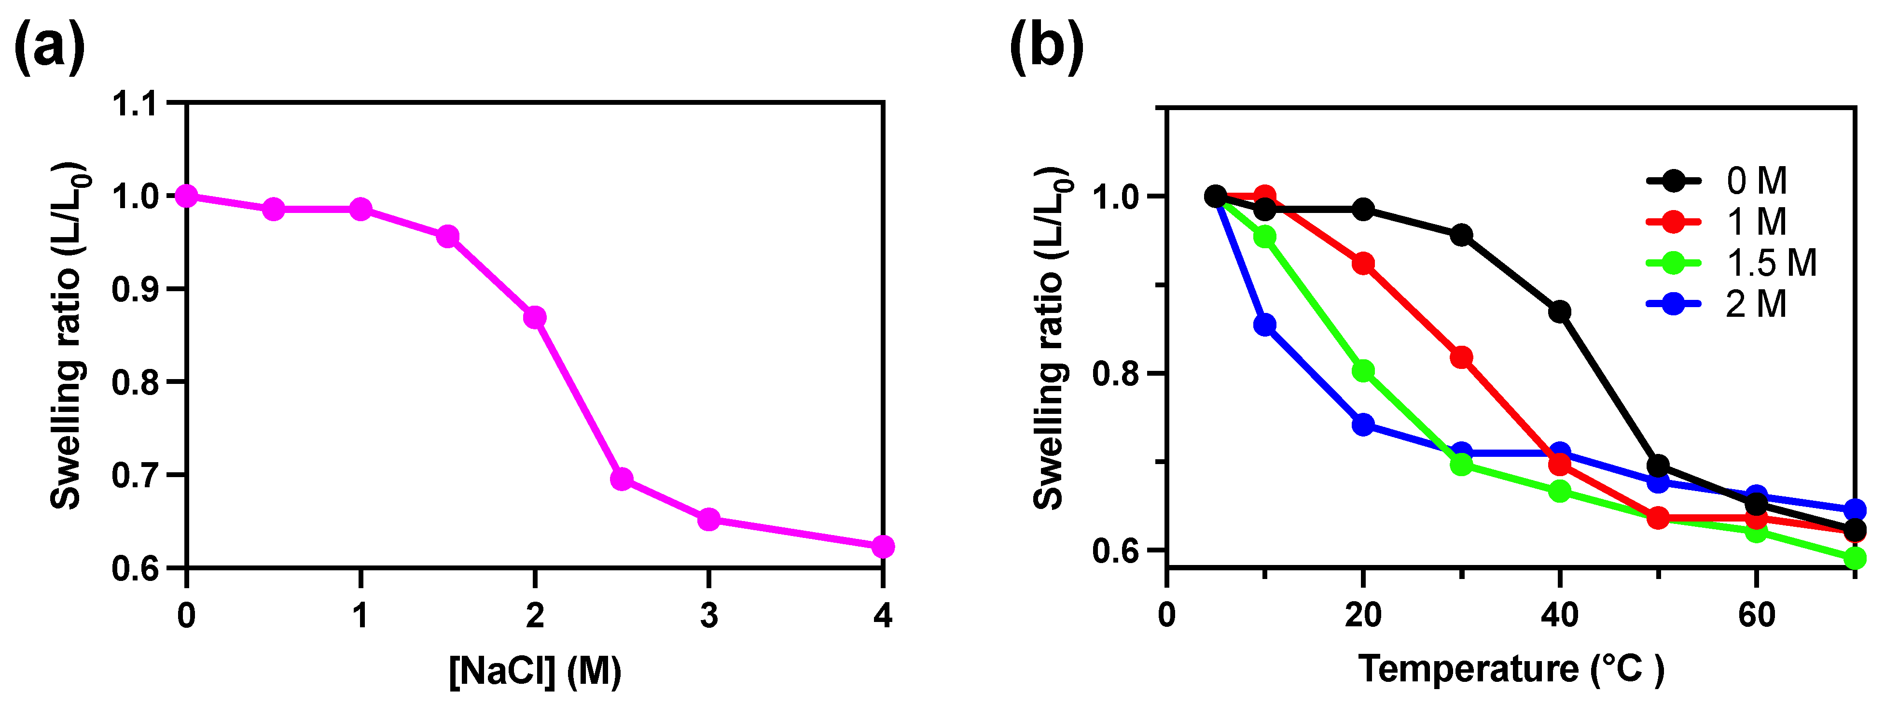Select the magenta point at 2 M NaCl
535,317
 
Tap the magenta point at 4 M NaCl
883,546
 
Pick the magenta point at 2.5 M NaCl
621,480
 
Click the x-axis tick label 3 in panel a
708,616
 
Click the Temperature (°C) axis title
1511,668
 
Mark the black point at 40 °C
1559,311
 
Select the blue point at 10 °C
1264,325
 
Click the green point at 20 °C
1362,370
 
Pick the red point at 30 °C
1461,357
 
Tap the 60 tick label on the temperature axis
1756,616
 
